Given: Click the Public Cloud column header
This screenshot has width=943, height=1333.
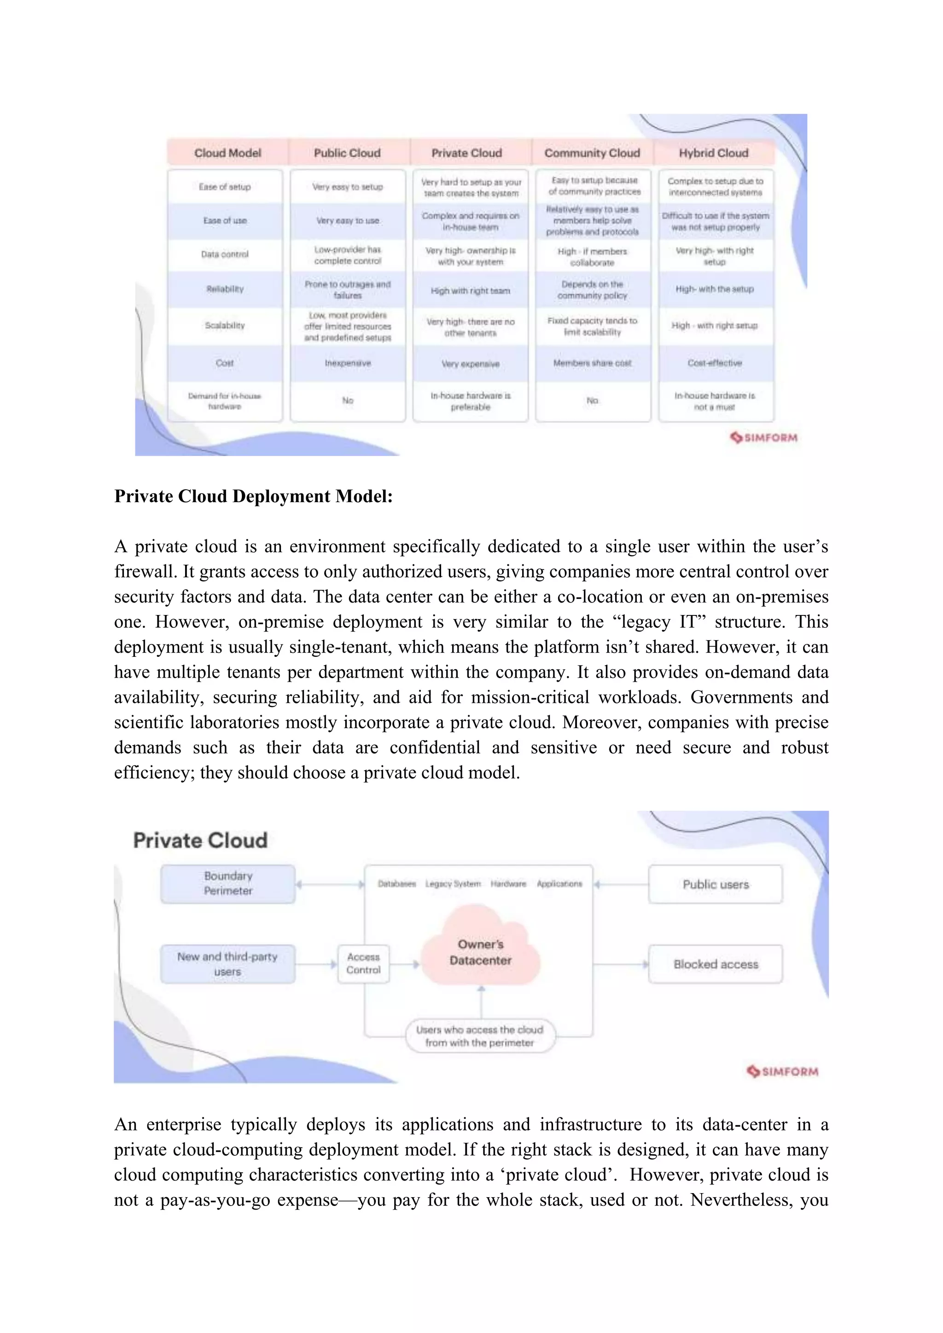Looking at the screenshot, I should (347, 153).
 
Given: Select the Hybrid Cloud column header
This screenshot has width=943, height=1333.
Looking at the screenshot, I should (714, 153).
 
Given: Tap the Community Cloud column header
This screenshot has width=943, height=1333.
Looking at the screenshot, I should (592, 153).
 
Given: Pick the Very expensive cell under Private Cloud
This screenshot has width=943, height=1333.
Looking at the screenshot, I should (470, 364).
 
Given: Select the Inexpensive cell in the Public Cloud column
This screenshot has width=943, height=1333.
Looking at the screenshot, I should (347, 363).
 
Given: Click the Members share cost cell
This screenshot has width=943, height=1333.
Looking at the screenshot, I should (592, 363).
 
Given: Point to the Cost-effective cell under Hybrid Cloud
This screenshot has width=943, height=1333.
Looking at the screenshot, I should (715, 363).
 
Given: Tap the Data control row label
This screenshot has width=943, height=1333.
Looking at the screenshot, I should (225, 254).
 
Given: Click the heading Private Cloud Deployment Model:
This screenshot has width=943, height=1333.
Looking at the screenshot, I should (253, 496).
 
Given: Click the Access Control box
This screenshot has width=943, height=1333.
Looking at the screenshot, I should (363, 963).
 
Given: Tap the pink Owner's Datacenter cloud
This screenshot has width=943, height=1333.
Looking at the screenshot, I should (481, 953).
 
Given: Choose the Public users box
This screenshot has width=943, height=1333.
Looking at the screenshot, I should (716, 884).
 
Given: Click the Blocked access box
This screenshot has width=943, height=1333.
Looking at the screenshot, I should (716, 964).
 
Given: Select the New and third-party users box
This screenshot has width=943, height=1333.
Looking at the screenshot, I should (227, 964).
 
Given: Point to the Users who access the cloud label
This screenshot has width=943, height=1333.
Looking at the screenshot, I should (480, 1036).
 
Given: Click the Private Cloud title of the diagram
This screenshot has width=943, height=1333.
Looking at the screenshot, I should (200, 840).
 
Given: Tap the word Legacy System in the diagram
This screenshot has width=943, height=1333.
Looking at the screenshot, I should (453, 884).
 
